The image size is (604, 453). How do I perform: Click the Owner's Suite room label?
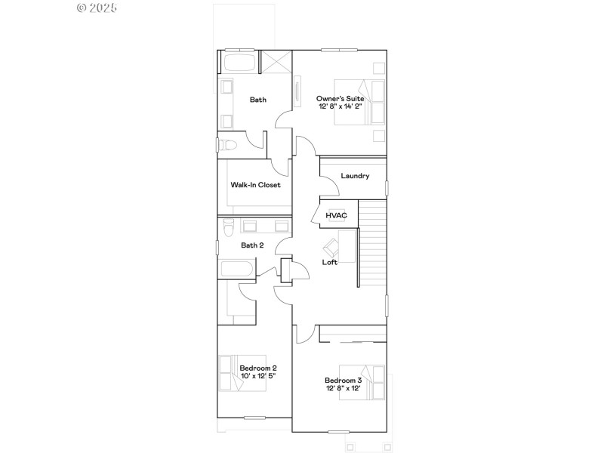click(340, 98)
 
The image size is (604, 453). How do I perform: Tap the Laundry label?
click(355, 176)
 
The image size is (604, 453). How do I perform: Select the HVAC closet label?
click(336, 215)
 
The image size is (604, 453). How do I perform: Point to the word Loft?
click(330, 262)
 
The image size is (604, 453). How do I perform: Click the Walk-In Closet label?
click(255, 184)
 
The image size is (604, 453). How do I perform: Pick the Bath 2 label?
click(252, 245)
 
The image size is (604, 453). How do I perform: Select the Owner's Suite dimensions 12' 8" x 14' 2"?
click(340, 106)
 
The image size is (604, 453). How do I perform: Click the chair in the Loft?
click(331, 246)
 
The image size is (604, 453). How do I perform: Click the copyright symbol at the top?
click(82, 8)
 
